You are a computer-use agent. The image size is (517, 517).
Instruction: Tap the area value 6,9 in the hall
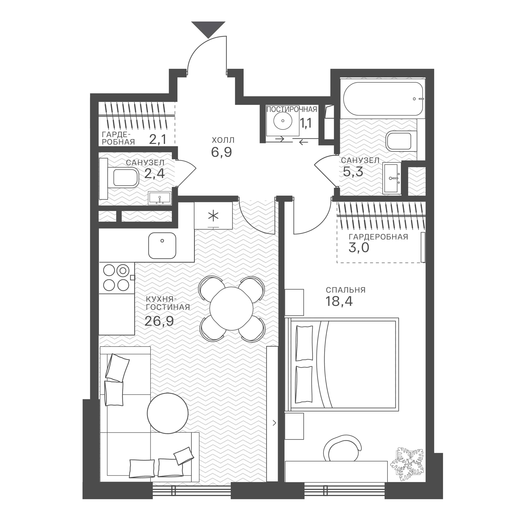tap(221, 152)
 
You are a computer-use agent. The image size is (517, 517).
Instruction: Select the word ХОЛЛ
tap(223, 140)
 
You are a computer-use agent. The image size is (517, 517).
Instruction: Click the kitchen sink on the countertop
tap(162, 246)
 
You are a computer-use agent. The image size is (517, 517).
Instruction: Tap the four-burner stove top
tap(117, 278)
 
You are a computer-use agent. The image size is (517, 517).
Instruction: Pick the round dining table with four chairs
tap(231, 309)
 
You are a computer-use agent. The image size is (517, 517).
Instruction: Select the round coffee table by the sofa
tap(168, 413)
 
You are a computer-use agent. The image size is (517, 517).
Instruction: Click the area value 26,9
tap(159, 321)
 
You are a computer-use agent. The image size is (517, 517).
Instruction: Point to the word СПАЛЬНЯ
tap(346, 290)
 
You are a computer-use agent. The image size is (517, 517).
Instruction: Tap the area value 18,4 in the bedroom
tap(339, 301)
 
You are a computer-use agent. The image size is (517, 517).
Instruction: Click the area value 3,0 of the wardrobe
tap(359, 248)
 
